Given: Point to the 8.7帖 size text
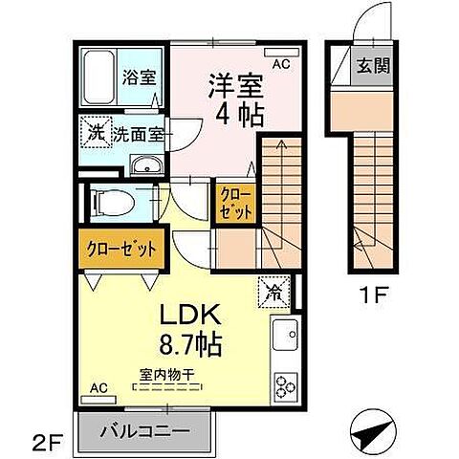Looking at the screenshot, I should [x=190, y=344].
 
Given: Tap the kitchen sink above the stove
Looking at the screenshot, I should [x=286, y=337].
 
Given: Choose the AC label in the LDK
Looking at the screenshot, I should [x=98, y=387].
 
